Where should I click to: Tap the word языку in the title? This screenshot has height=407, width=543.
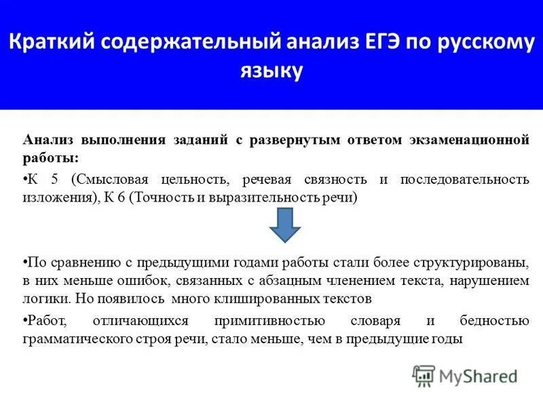pos(271,71)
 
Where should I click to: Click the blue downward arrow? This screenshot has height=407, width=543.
pos(285,225)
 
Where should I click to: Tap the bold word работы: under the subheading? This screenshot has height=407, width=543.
pos(51,158)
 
